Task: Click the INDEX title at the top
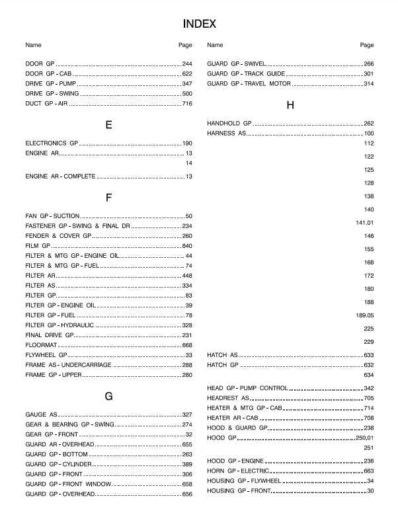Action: [x=199, y=24]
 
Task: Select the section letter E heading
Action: [x=108, y=125]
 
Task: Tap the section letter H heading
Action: [x=290, y=105]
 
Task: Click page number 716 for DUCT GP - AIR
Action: [x=186, y=104]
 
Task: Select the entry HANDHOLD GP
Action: [x=229, y=124]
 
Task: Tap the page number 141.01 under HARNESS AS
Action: [x=365, y=223]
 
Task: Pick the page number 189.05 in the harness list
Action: [x=365, y=315]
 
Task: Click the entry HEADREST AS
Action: [x=228, y=398]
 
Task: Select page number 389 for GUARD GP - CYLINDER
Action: [x=186, y=465]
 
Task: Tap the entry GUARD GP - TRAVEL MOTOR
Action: [x=249, y=84]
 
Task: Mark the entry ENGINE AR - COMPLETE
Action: [x=61, y=177]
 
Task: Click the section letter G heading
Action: [x=108, y=397]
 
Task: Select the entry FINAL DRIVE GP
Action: [x=48, y=335]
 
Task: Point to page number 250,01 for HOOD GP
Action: [x=365, y=438]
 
